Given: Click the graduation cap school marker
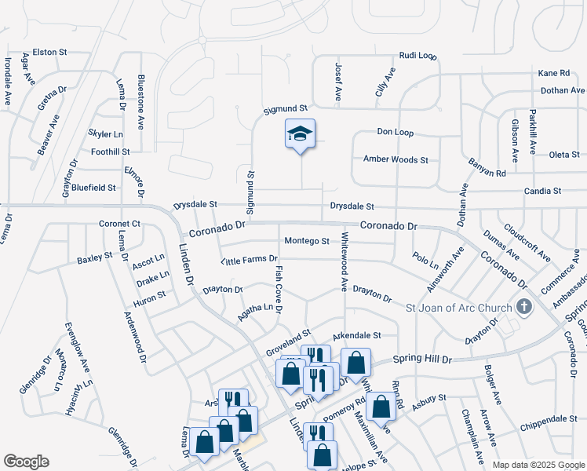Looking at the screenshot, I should pos(299,135).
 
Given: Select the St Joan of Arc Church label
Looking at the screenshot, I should pos(458,307).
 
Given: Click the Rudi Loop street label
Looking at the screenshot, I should pos(417,56).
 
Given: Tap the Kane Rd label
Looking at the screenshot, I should pos(553,73).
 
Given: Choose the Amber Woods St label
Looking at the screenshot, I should pos(396,159).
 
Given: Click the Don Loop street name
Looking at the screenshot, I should pos(395,132).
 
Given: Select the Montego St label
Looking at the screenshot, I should pos(306,241).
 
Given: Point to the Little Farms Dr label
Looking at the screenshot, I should pos(250,259).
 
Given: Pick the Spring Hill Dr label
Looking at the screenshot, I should pos(425,360).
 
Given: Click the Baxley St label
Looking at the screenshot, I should pos(95,257).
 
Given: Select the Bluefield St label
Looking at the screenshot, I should pos(93,188).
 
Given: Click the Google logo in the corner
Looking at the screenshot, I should pos(26,462).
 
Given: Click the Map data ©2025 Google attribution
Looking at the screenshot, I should pos(538,465).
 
